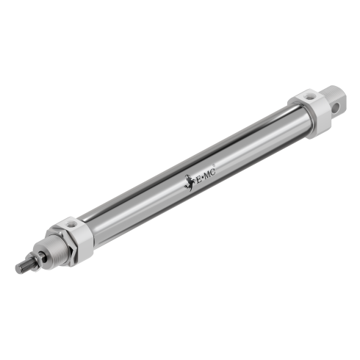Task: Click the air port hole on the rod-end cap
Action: [x=71, y=222]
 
